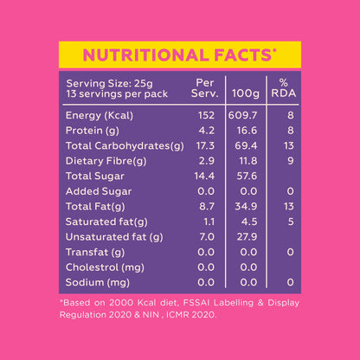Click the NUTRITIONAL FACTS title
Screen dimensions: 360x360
179,55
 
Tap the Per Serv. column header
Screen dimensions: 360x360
206,87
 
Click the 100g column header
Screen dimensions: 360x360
247,92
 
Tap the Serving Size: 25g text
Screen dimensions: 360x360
103,83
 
